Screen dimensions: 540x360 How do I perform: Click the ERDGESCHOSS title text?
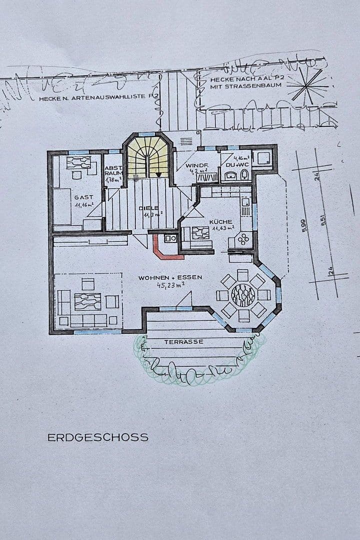tap(98, 437)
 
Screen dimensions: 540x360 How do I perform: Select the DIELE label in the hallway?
tap(149, 207)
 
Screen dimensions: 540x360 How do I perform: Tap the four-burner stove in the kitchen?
tap(243, 239)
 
